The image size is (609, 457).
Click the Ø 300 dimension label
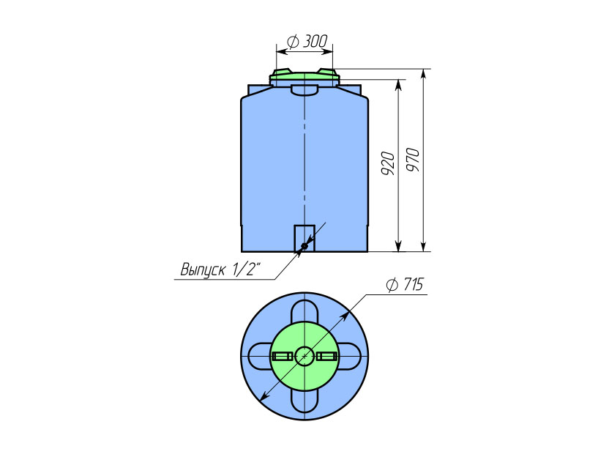(x=307, y=41)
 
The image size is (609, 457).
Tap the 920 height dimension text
(x=388, y=163)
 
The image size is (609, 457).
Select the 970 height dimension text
(x=413, y=160)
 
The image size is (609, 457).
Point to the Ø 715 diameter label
(x=405, y=284)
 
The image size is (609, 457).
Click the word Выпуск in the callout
(x=203, y=270)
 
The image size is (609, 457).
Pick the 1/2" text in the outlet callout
(x=246, y=269)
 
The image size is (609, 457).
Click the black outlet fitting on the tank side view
(x=304, y=245)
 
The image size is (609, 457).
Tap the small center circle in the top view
(x=305, y=356)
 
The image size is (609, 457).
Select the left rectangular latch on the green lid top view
(x=283, y=357)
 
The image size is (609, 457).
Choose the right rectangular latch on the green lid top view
(x=327, y=357)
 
